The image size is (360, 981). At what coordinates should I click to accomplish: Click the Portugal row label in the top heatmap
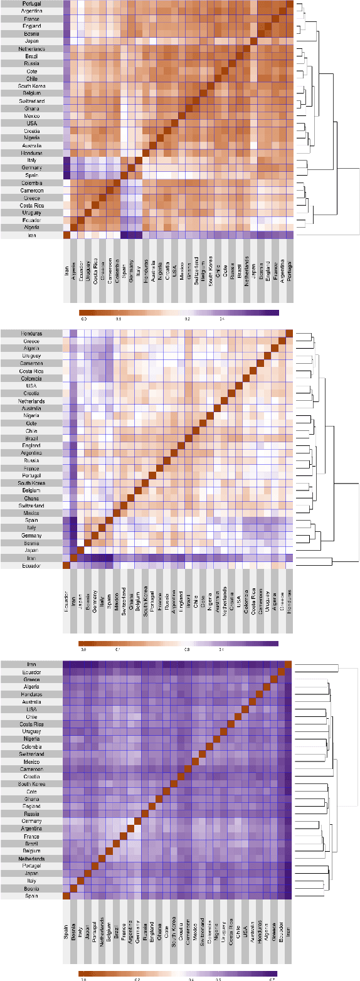[x=31, y=3]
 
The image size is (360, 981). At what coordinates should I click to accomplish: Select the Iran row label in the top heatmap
[x=31, y=235]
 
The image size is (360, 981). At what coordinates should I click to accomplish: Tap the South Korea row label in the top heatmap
[x=31, y=86]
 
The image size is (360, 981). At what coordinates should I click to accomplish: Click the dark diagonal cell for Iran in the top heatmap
[x=66, y=235]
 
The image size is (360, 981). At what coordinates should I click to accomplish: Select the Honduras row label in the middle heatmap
[x=31, y=333]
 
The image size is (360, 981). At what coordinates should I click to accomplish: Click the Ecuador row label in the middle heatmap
[x=31, y=565]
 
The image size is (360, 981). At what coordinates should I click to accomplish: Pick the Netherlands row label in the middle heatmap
[x=31, y=401]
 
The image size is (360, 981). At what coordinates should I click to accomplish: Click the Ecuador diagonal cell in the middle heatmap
[x=66, y=565]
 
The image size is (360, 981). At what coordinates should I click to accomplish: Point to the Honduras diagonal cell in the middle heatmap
[x=289, y=333]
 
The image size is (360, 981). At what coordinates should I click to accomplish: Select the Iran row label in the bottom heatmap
[x=31, y=664]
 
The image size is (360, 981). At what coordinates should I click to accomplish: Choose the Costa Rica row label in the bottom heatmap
[x=31, y=724]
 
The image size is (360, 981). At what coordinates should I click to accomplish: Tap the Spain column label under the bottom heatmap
[x=66, y=931]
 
